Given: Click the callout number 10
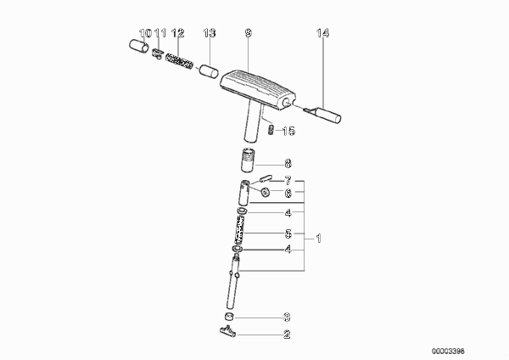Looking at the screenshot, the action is coord(145,33).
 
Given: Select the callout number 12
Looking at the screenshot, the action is coord(177,33).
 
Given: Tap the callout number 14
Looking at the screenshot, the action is coord(322,33).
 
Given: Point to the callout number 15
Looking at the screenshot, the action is coord(288,132).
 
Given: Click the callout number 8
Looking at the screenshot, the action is coord(288,163).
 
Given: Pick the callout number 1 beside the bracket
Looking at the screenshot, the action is coord(318,239).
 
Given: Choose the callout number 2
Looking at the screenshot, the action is coord(287,335).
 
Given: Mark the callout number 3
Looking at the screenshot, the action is coord(287,317).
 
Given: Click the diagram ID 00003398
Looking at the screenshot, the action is coord(448,352).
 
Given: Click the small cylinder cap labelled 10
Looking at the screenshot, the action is coord(139,46).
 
